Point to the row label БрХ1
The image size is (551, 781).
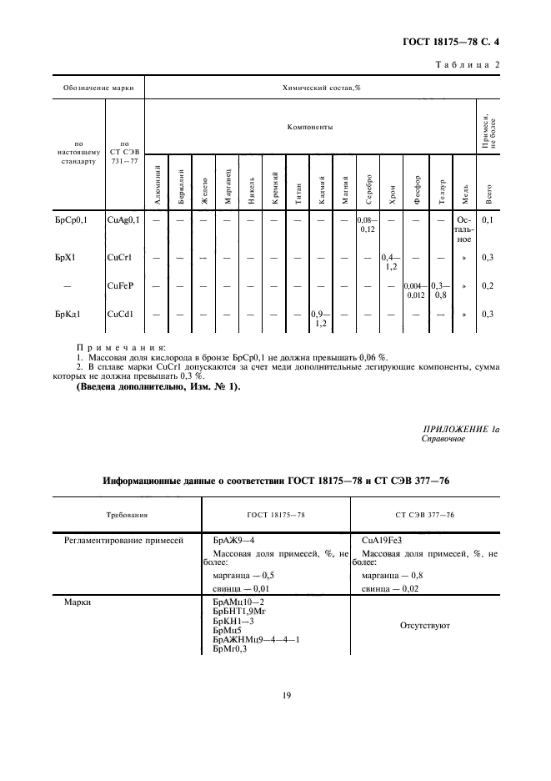tap(64, 258)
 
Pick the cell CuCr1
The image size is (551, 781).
tap(121, 258)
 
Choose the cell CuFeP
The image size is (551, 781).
tap(122, 285)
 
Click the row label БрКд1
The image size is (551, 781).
tap(67, 314)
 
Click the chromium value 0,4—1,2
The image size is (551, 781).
tap(390, 262)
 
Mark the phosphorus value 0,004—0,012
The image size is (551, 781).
tap(415, 290)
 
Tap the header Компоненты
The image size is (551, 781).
tap(309, 128)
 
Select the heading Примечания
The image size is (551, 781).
tap(121, 345)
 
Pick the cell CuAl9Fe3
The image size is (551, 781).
tap(383, 542)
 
